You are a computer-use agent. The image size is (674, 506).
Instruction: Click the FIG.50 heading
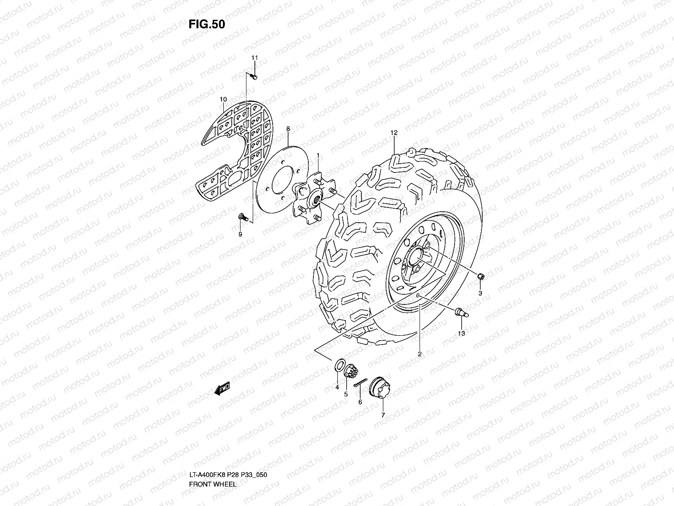pos(206,24)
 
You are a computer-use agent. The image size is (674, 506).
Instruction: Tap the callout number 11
pos(254,57)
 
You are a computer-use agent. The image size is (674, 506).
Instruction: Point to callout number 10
pos(223,100)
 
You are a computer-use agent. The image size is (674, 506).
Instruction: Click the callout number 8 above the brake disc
pos(288,128)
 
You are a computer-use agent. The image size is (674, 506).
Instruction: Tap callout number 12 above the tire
pos(394,132)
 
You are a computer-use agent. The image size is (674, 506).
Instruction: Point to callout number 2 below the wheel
pos(420,354)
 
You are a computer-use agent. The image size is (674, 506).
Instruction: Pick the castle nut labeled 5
pos(350,372)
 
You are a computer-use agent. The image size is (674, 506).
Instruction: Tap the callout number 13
pos(461,333)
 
